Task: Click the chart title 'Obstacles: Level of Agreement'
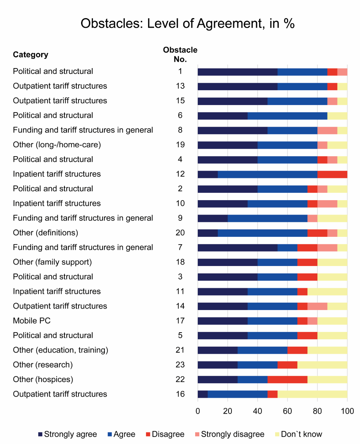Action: [187, 24]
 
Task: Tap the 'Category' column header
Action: [30, 55]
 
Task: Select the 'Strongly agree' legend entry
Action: [67, 434]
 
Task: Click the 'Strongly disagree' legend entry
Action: [229, 434]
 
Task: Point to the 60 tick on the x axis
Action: [287, 411]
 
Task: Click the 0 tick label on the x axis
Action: [198, 411]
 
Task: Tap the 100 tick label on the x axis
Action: [347, 411]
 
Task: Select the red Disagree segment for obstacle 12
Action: [332, 174]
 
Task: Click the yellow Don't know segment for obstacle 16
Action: [312, 394]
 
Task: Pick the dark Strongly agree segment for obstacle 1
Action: [237, 71]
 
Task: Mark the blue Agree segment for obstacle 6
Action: [287, 115]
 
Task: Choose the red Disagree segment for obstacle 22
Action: [287, 379]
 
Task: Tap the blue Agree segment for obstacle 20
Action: [263, 233]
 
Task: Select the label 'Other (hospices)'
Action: [43, 379]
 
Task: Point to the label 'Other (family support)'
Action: [52, 262]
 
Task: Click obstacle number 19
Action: [180, 145]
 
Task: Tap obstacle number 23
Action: [180, 365]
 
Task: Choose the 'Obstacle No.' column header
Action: [180, 54]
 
